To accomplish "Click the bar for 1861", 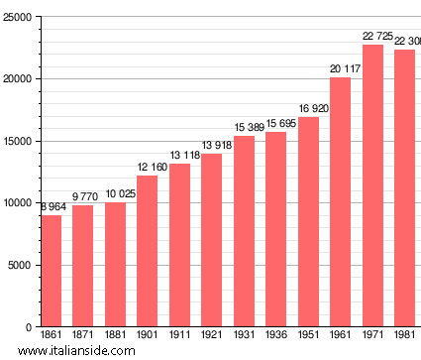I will [x=51, y=271].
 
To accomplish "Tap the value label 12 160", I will [x=148, y=168].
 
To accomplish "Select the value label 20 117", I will [x=341, y=68].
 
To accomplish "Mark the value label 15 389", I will [x=244, y=128].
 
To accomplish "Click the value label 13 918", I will [x=212, y=146].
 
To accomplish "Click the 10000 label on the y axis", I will [x=17, y=203].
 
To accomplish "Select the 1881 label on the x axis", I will [x=115, y=335].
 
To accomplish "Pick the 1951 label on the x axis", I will [x=308, y=335].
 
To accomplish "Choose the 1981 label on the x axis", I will [x=404, y=335].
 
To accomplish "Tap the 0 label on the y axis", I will [x=28, y=327].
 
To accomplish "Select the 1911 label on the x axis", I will [x=179, y=335].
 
